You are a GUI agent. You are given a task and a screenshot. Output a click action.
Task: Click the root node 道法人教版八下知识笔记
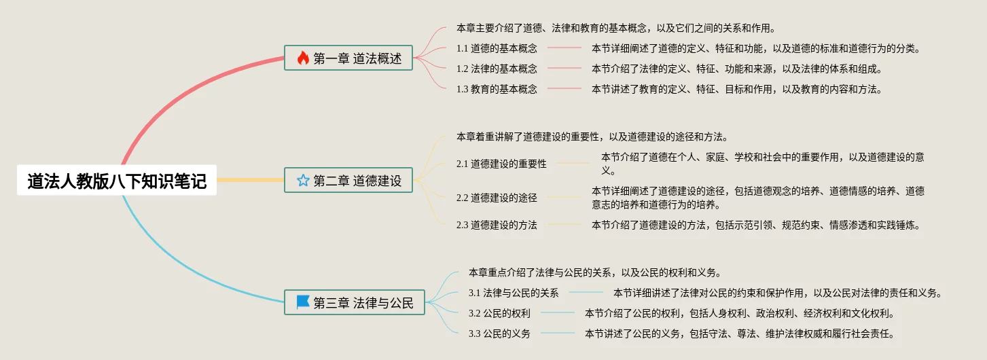click(117, 181)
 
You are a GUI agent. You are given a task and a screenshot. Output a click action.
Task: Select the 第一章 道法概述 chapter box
click(348, 58)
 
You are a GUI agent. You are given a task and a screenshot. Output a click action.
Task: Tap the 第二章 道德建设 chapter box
click(348, 180)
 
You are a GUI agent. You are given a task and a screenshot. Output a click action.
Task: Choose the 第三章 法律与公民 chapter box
click(354, 302)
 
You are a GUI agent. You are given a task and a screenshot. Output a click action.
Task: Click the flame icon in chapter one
click(303, 58)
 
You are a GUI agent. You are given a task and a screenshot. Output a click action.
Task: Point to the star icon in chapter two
click(303, 180)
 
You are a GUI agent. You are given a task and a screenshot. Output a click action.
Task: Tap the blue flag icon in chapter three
click(303, 302)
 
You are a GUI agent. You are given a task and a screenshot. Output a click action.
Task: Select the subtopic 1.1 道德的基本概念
click(497, 49)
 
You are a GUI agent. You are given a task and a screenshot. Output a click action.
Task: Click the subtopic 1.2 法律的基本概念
click(497, 69)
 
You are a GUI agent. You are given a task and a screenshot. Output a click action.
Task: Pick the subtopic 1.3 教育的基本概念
click(497, 89)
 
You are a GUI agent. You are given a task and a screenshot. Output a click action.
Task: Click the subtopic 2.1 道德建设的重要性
click(501, 164)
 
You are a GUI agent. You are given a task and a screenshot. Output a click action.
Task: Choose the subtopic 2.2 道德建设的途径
click(497, 198)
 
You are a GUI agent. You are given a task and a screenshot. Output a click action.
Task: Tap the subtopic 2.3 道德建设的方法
click(497, 225)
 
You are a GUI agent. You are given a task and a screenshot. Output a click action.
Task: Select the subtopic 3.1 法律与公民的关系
click(514, 293)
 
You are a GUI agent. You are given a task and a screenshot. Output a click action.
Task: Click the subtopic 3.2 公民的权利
click(499, 313)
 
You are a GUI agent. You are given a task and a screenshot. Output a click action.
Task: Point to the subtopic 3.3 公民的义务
click(499, 334)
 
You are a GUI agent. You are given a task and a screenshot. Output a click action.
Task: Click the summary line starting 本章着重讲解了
click(592, 137)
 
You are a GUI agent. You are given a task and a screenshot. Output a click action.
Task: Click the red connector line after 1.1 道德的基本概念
click(564, 48)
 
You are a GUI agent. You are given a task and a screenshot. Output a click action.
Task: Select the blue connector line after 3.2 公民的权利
click(558, 313)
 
